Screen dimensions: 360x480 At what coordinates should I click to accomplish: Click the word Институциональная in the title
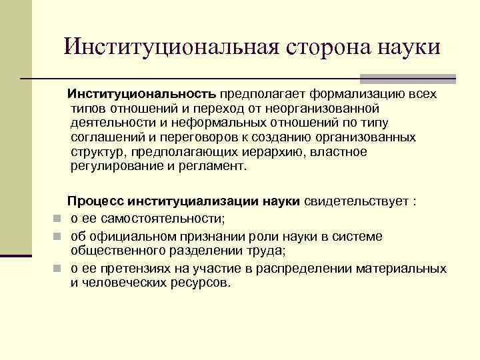[169, 47]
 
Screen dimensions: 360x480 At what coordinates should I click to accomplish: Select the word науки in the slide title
[409, 47]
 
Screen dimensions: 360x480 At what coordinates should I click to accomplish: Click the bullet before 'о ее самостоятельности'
[58, 219]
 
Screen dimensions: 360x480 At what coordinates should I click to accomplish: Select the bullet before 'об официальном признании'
[58, 237]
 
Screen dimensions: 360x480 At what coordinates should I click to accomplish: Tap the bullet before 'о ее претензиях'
[58, 269]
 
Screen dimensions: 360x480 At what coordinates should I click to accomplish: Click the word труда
[267, 251]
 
